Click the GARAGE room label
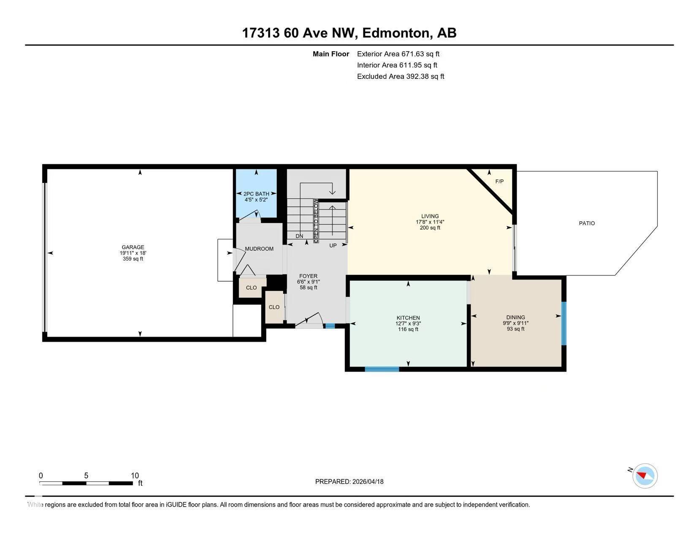(x=133, y=247)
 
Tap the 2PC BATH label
(x=256, y=194)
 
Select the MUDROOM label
(x=259, y=249)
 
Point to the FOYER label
(x=308, y=276)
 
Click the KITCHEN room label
(x=408, y=318)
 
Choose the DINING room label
(x=515, y=317)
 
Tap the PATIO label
(x=587, y=223)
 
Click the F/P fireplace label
(x=499, y=182)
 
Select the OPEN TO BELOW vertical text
(x=316, y=221)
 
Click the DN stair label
(x=299, y=236)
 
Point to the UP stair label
(x=333, y=245)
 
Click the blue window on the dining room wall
(x=564, y=323)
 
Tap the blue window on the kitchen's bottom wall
(x=382, y=369)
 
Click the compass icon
(x=645, y=476)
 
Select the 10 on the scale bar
(x=135, y=475)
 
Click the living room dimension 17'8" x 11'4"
(x=430, y=222)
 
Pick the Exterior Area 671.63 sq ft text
(x=398, y=54)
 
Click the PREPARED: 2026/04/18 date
(x=349, y=481)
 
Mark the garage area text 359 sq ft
(x=133, y=258)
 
